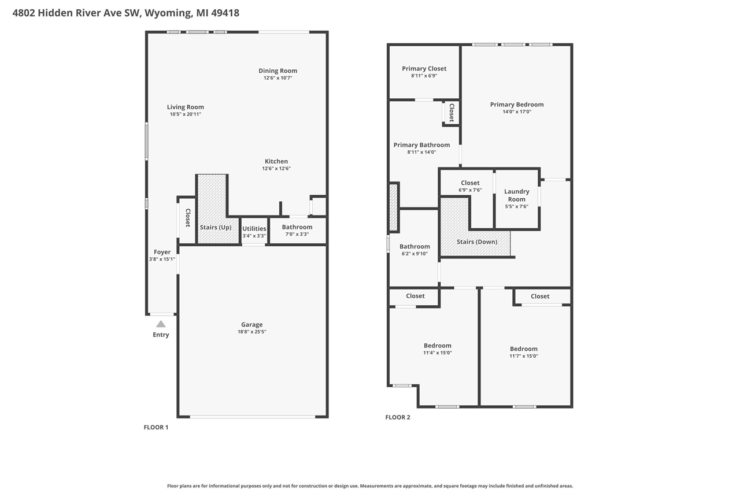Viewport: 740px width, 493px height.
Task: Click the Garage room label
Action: pos(251,325)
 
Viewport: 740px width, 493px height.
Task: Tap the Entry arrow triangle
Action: pos(161,324)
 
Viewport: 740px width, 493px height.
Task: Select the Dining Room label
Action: pos(277,71)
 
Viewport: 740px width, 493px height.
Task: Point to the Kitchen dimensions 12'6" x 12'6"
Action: pos(276,169)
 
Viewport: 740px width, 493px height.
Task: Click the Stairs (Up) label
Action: pos(216,227)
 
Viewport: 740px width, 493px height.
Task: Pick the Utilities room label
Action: pos(254,229)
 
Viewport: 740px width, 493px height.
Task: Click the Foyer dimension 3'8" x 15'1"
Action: pos(162,260)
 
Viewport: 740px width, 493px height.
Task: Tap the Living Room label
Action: pos(186,107)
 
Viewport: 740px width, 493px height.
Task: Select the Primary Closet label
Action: pos(424,69)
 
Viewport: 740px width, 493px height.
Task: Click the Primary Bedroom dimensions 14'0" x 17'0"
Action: pos(517,112)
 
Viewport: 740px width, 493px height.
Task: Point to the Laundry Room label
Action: pos(517,195)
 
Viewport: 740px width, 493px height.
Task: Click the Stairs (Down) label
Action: pos(477,242)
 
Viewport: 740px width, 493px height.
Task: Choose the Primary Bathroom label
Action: pos(421,145)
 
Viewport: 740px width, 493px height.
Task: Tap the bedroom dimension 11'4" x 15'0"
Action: pos(437,353)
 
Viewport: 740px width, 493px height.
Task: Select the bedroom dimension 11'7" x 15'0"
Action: pos(524,356)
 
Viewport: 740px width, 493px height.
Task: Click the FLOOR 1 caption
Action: pos(156,427)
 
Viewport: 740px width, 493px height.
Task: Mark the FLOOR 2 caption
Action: pos(398,417)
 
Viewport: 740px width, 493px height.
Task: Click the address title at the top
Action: pos(126,13)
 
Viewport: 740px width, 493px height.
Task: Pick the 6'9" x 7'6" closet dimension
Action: pos(470,190)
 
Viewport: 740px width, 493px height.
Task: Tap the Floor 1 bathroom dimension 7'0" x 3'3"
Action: pos(297,234)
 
